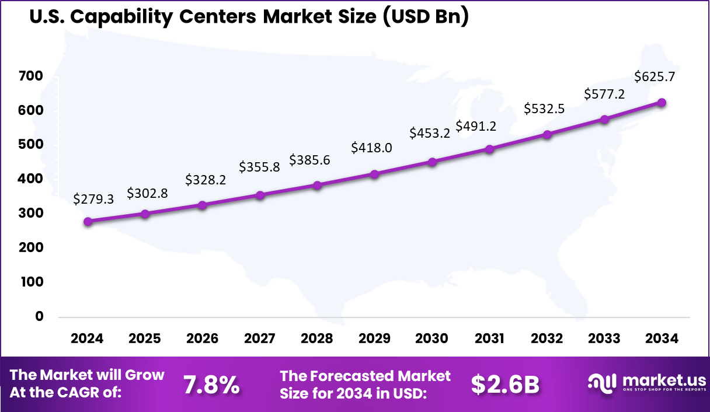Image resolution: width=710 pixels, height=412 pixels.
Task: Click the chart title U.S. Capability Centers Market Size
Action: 248,16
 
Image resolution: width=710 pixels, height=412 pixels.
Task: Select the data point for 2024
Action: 88,222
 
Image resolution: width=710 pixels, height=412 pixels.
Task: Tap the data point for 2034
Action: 662,103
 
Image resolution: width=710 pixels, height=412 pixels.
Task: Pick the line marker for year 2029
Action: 375,174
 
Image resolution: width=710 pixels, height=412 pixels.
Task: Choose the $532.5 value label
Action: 544,109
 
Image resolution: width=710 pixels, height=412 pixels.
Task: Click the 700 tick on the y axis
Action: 30,76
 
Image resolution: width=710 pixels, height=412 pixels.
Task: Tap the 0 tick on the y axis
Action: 40,316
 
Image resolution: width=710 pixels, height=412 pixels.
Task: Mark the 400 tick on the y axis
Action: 30,179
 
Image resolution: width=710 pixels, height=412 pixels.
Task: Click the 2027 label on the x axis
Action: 260,339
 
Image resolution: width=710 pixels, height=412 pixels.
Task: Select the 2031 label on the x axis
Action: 489,339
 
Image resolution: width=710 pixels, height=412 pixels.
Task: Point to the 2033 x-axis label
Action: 604,339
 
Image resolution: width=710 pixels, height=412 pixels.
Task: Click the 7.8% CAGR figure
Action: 211,385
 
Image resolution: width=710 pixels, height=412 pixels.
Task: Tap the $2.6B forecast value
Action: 505,385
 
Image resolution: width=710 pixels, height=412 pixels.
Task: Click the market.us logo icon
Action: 602,383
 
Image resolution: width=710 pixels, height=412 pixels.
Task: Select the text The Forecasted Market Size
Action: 365,385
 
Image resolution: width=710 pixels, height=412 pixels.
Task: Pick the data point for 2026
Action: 203,205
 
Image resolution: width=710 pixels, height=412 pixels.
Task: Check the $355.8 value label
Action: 259,167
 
